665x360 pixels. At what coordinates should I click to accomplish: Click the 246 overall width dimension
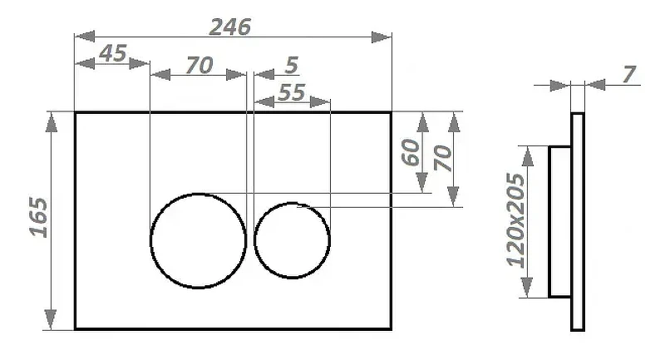pyautogui.click(x=230, y=27)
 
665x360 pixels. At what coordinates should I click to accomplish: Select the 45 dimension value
pyautogui.click(x=113, y=53)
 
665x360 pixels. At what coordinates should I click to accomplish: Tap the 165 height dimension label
pyautogui.click(x=38, y=217)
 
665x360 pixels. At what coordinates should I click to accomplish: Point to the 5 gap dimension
pyautogui.click(x=292, y=65)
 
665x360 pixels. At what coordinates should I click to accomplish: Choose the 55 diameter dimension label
pyautogui.click(x=292, y=92)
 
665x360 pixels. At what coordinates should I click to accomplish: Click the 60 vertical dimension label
pyautogui.click(x=411, y=152)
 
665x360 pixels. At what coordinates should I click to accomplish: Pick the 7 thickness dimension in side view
pyautogui.click(x=629, y=74)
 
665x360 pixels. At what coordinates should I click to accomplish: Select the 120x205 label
pyautogui.click(x=515, y=220)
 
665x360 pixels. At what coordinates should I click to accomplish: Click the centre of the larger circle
pyautogui.click(x=199, y=240)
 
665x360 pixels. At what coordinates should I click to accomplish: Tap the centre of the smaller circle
pyautogui.click(x=293, y=240)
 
